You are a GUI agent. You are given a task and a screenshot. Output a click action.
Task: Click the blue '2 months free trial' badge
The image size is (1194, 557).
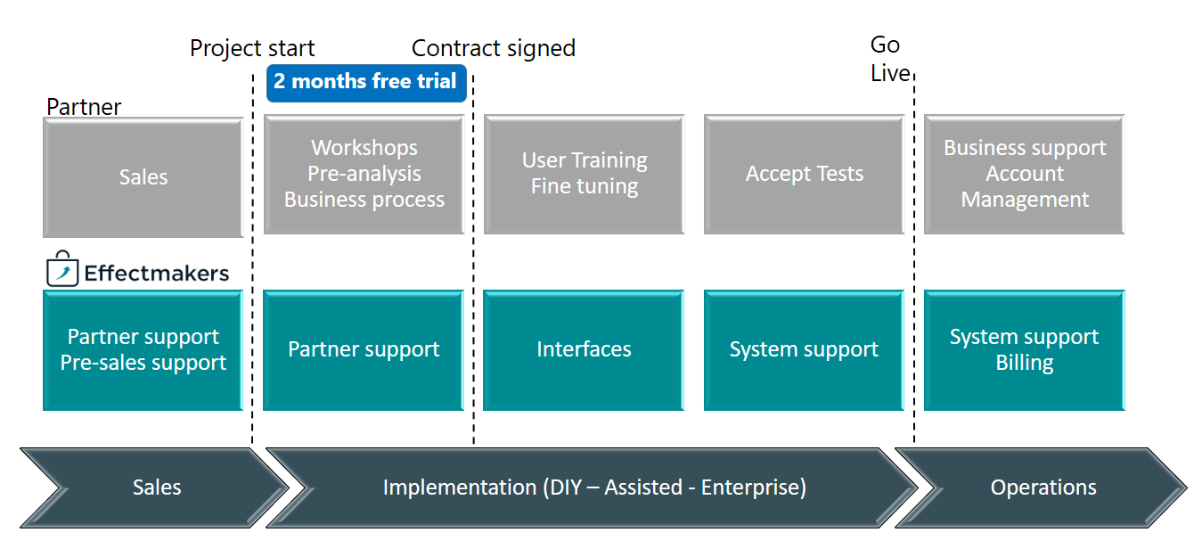pyautogui.click(x=367, y=83)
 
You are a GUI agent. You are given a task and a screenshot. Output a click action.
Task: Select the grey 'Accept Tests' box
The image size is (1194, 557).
pyautogui.click(x=805, y=175)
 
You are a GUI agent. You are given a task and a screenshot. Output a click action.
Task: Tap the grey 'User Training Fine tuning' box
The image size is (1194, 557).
pyautogui.click(x=585, y=175)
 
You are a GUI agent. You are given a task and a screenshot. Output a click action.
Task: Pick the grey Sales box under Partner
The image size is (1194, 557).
pyautogui.click(x=143, y=177)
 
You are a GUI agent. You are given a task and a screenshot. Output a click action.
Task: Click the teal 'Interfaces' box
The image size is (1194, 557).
pyautogui.click(x=584, y=350)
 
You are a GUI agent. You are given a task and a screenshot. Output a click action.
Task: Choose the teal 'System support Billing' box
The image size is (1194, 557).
pyautogui.click(x=1025, y=350)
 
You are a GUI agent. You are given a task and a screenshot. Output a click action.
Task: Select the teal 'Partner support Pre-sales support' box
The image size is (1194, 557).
pyautogui.click(x=143, y=350)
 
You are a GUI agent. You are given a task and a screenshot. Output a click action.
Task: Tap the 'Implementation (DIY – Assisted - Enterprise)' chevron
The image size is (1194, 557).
pyautogui.click(x=592, y=487)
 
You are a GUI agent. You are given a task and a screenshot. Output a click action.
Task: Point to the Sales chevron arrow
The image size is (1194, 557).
pyautogui.click(x=154, y=487)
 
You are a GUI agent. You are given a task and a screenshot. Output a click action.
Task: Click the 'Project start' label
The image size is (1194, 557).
pyautogui.click(x=252, y=48)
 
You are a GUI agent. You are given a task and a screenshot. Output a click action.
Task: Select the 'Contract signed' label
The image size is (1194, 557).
pyautogui.click(x=494, y=48)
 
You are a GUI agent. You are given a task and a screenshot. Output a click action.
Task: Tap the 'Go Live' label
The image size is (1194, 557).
pyautogui.click(x=889, y=59)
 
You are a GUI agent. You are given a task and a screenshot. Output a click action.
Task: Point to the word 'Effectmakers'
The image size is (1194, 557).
pyautogui.click(x=157, y=273)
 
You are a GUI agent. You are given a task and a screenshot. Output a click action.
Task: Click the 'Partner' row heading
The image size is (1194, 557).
pyautogui.click(x=84, y=107)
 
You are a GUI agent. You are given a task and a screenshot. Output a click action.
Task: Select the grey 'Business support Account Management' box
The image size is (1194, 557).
pyautogui.click(x=1025, y=175)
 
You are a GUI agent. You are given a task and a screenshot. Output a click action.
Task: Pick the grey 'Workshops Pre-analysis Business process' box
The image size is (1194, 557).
pyautogui.click(x=364, y=175)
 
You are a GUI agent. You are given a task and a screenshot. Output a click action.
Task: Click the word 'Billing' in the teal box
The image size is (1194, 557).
pyautogui.click(x=1025, y=363)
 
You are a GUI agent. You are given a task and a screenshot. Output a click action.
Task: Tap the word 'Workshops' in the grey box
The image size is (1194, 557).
pyautogui.click(x=364, y=148)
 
